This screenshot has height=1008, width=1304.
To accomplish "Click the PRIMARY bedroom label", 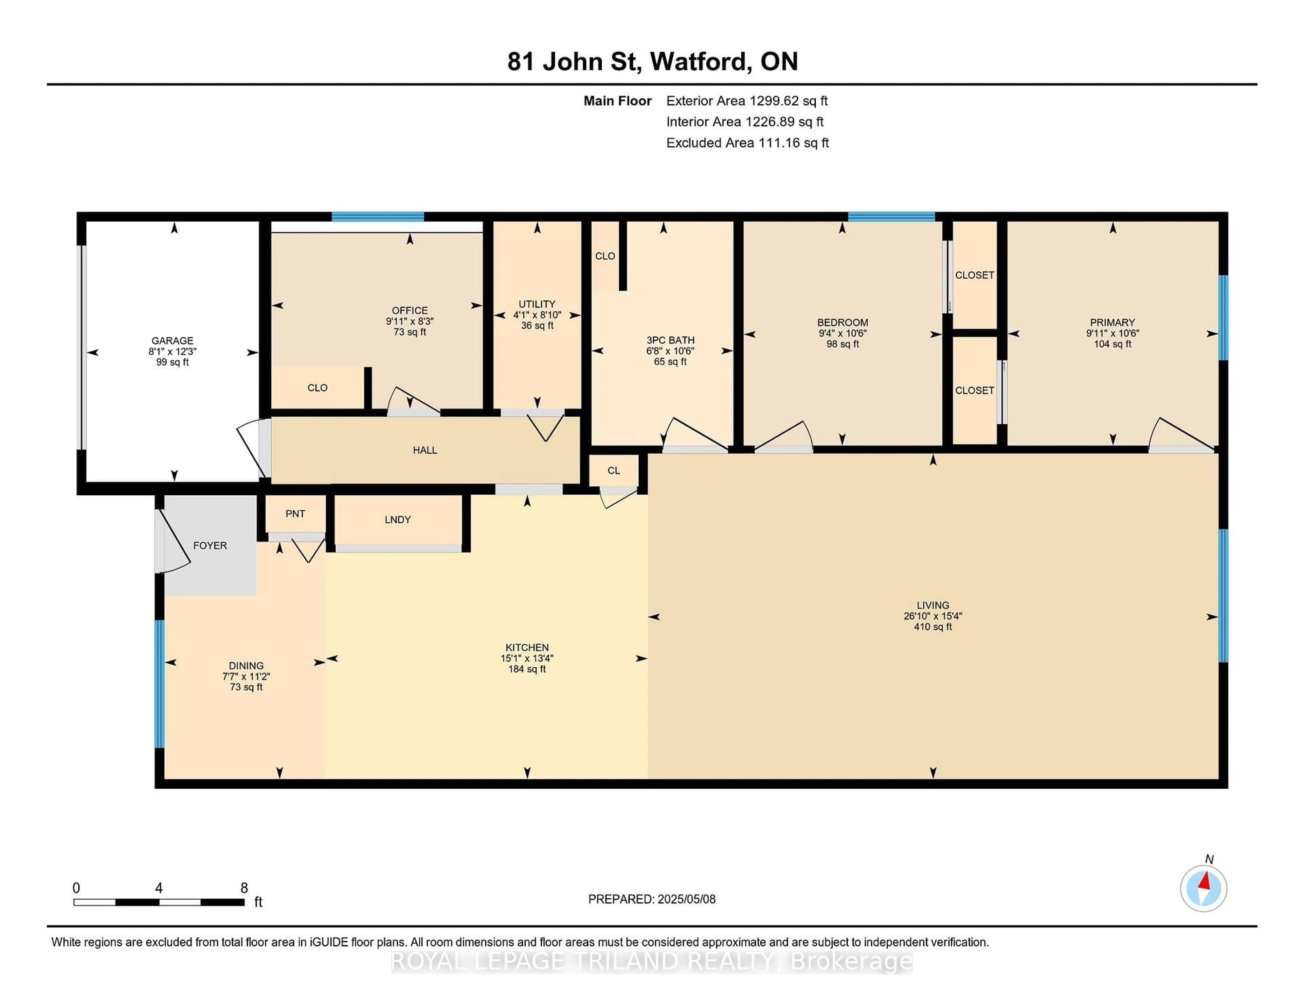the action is (1112, 322).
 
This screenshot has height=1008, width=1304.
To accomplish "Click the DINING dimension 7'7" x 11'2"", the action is (246, 677).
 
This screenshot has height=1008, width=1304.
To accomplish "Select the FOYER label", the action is (210, 545).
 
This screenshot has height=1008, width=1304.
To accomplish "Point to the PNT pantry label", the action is (295, 514).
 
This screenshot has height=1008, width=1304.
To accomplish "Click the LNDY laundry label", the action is (398, 520).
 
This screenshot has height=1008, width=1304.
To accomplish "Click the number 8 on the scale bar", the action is (244, 888).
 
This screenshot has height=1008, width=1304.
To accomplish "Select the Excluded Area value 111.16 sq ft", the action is (794, 143).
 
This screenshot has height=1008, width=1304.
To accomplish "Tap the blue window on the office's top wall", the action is (377, 217).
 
